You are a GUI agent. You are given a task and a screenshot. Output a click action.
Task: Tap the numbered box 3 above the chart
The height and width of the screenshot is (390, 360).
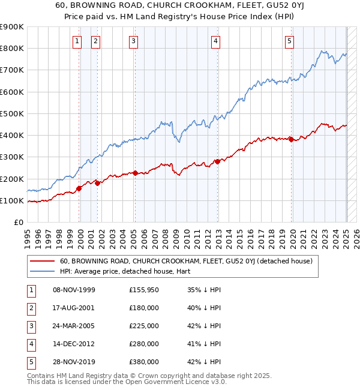pyautogui.click(x=133, y=41)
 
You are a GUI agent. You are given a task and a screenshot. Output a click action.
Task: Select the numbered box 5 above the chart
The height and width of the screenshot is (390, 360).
pyautogui.click(x=289, y=41)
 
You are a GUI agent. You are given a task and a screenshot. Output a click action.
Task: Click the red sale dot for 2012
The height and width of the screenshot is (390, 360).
pyautogui.click(x=217, y=161)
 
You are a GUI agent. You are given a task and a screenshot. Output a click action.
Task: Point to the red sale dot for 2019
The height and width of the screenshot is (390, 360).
pyautogui.click(x=291, y=139)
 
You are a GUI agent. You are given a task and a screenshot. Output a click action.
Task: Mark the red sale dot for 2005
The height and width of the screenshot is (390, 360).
pyautogui.click(x=135, y=173)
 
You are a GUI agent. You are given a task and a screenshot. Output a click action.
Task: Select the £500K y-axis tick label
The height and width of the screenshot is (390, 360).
pyautogui.click(x=12, y=113)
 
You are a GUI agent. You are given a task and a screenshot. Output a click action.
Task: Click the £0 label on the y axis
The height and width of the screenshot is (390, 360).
pyautogui.click(x=18, y=223)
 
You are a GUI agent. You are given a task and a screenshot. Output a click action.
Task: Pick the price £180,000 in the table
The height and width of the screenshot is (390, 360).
pyautogui.click(x=144, y=308)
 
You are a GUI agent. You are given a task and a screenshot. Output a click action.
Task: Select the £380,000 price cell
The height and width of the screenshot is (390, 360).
pyautogui.click(x=144, y=362)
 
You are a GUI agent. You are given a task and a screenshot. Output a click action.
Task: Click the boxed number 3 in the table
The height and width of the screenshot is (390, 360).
pyautogui.click(x=29, y=326)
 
